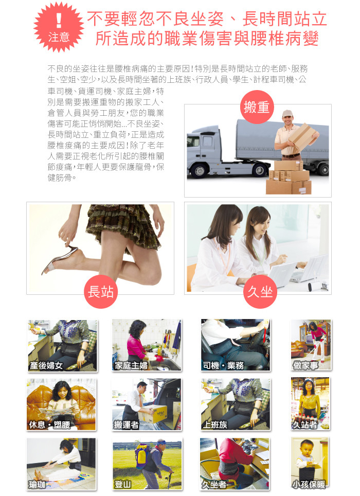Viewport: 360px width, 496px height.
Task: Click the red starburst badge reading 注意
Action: pos(59,27)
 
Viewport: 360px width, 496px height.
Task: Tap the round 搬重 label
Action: pos(257,107)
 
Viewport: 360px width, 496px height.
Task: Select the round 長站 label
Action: pos(101,292)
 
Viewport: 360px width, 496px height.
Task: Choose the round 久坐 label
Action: pos(260,292)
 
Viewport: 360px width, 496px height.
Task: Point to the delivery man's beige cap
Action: pos(287,113)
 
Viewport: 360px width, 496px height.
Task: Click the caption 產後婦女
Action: pos(46,366)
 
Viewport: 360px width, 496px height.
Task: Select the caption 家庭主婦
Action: pos(131,366)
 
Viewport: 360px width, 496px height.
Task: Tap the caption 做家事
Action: pos(305,365)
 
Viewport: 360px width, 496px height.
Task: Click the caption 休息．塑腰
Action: pos(49,425)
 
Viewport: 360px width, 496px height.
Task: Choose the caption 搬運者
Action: pos(127,425)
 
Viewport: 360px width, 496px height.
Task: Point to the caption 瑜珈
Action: pos(37,484)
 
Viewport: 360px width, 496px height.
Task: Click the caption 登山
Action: pos(122,484)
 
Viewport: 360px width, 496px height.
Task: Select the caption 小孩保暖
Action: pos(309,484)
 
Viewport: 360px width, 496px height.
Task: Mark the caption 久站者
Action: pos(305,425)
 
